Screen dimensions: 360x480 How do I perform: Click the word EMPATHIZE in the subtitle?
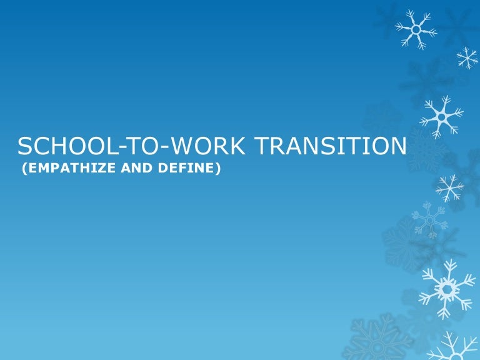tap(61, 168)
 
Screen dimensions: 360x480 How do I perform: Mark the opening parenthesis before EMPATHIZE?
tap(23, 168)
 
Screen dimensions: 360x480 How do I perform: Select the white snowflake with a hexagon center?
tap(446, 287)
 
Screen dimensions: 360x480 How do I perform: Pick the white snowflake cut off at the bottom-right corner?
tap(459, 347)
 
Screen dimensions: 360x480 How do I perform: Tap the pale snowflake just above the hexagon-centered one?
tap(429, 219)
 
